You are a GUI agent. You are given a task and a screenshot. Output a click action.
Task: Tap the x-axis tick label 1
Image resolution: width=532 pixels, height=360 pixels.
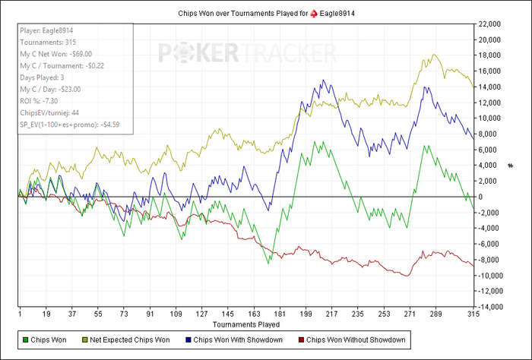[x=19, y=313]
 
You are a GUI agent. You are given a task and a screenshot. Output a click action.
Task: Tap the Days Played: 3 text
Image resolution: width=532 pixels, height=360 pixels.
[x=43, y=77]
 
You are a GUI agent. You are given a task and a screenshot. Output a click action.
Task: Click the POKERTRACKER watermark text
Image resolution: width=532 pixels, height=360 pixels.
[x=247, y=52]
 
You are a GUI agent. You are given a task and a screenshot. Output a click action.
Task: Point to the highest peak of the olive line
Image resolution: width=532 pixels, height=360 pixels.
[x=434, y=55]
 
